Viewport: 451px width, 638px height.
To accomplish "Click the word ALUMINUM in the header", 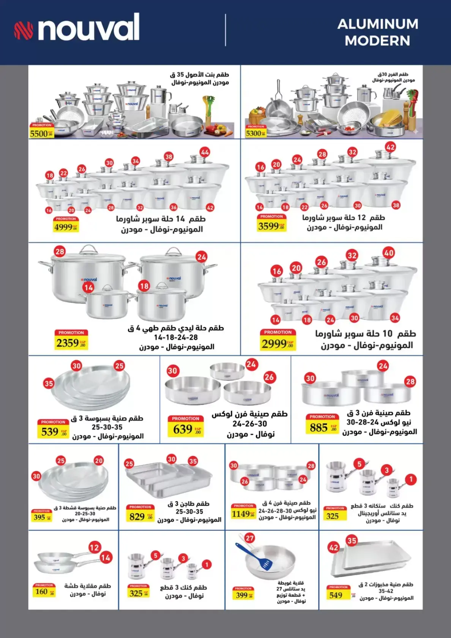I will pyautogui.click(x=378, y=24).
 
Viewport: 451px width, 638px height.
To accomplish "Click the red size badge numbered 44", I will pyautogui.click(x=205, y=152).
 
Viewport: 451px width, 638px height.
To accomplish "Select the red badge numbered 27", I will pyautogui.click(x=249, y=538).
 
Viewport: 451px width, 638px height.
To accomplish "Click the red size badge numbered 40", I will pyautogui.click(x=389, y=253).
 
